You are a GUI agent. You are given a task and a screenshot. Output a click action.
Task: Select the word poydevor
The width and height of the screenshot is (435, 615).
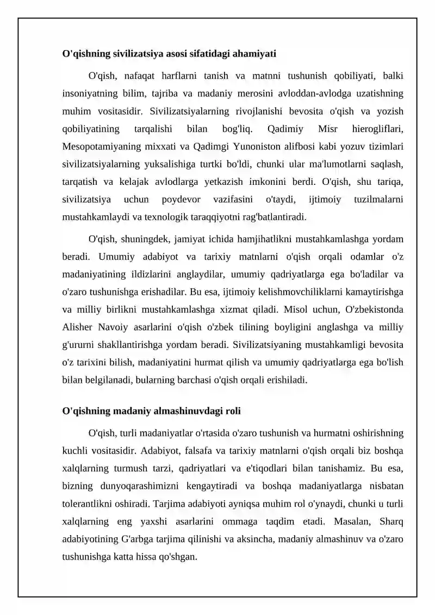coord(184,200)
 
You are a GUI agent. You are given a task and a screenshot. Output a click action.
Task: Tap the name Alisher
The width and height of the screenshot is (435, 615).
coord(79,328)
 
